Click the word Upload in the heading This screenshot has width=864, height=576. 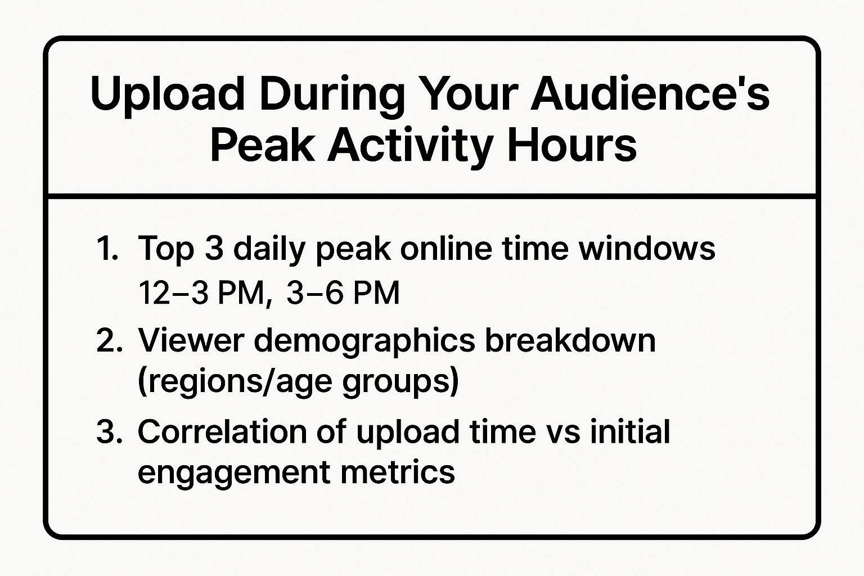coord(168,94)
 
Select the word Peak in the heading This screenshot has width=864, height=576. coord(262,145)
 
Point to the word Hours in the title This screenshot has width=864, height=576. coord(572,145)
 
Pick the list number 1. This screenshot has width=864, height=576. coord(107,248)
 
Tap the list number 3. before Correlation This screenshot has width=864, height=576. coord(110,431)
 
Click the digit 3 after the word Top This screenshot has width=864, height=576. coord(214,248)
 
